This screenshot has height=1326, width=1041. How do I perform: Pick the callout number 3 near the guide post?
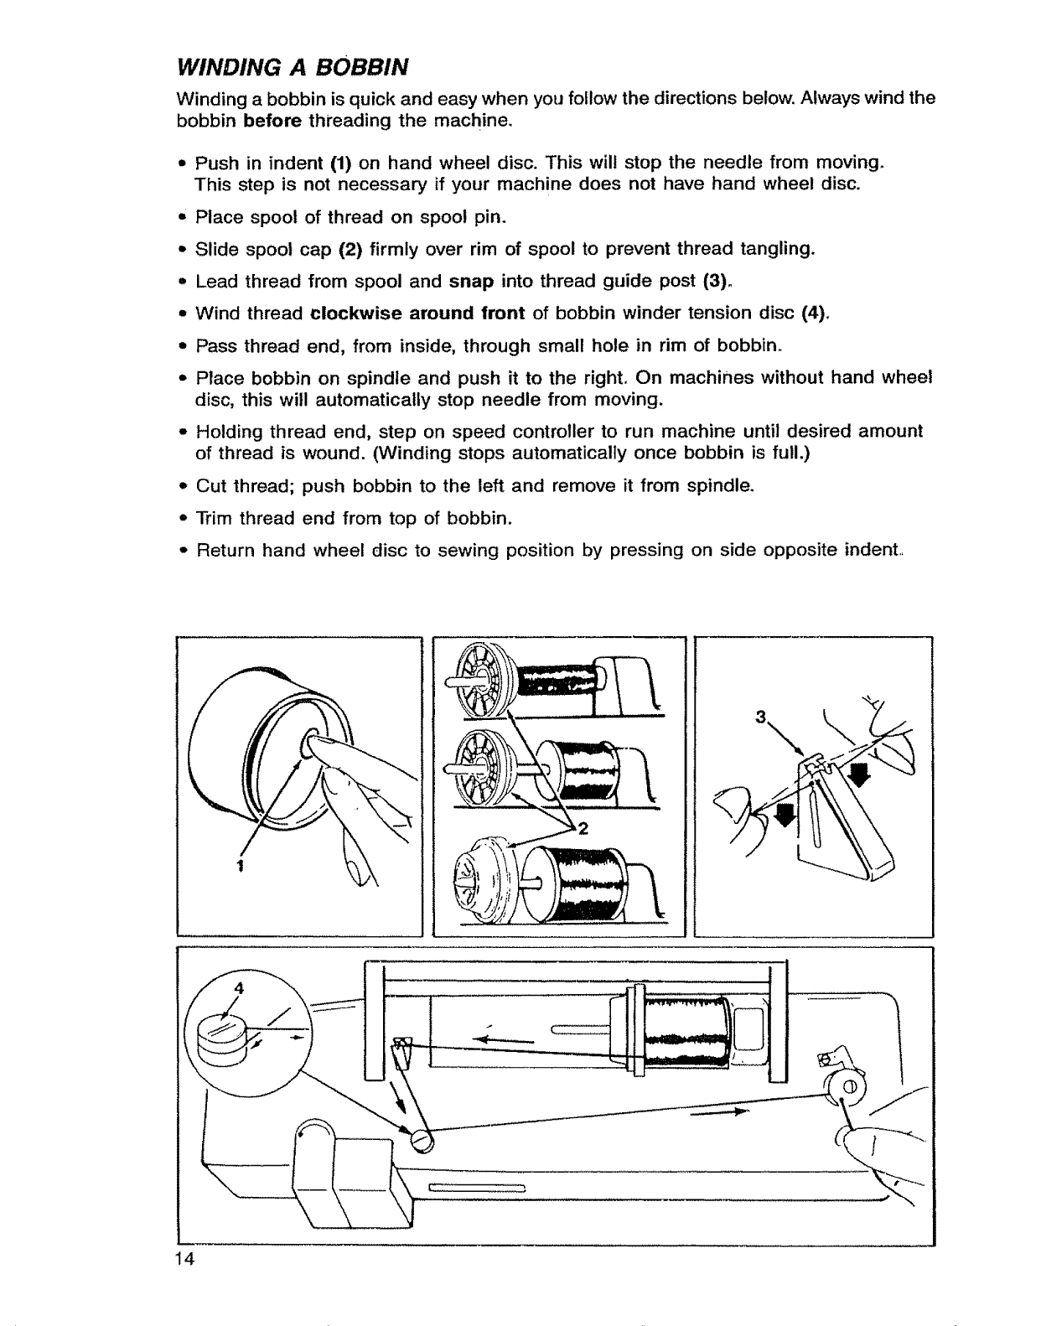click(761, 717)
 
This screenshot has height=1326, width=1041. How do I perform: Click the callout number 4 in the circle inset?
click(239, 987)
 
